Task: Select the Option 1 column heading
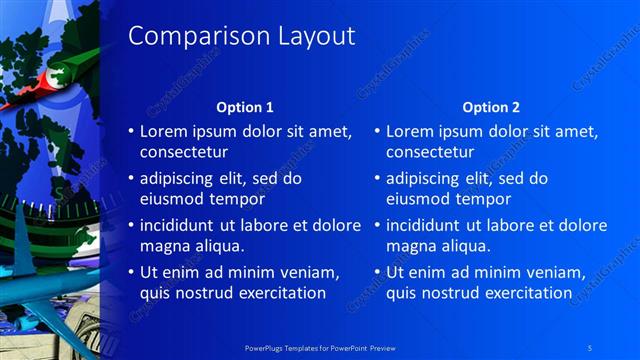click(245, 107)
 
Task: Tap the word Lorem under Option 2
click(409, 131)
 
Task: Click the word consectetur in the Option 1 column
click(183, 152)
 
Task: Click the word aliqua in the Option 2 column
click(466, 245)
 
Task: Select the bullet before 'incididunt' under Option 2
click(377, 225)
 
